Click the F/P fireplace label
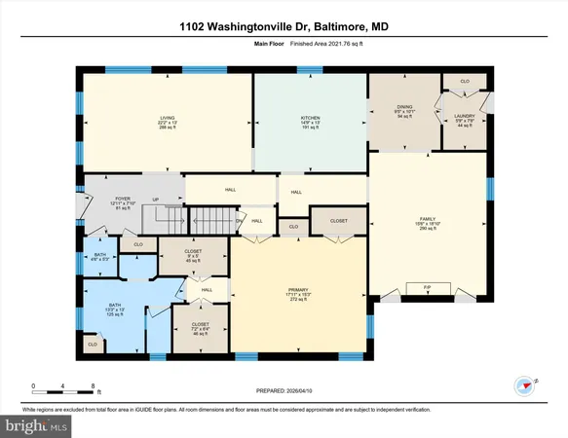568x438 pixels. point(426,288)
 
